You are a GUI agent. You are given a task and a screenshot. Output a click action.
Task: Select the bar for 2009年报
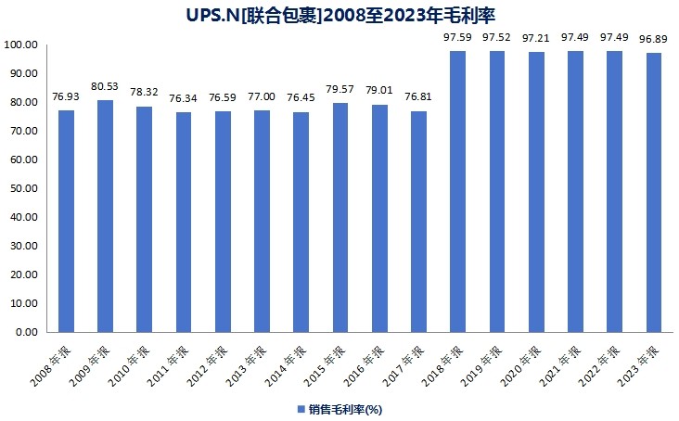[105, 215]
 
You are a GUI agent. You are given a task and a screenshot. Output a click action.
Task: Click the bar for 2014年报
[301, 222]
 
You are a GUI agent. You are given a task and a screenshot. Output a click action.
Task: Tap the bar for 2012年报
[223, 222]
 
